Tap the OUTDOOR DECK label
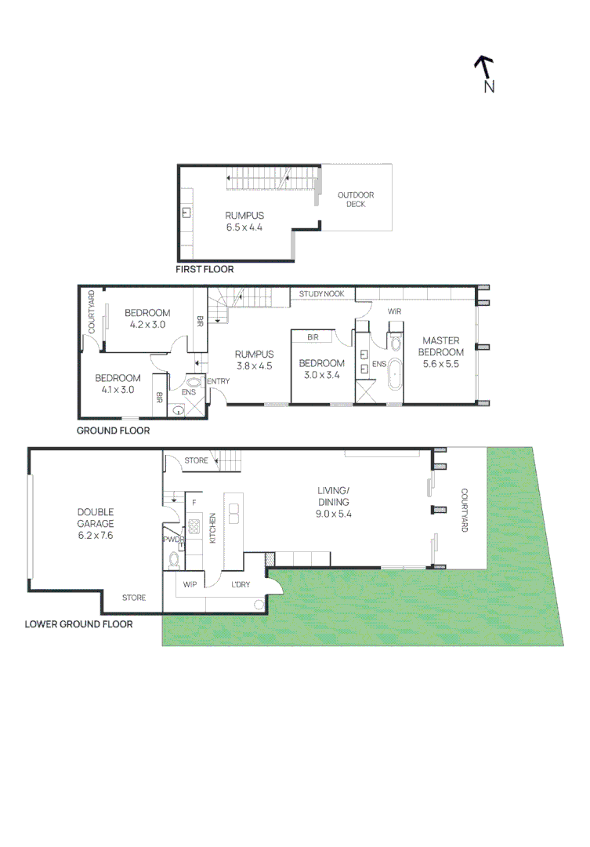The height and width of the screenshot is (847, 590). click(x=356, y=200)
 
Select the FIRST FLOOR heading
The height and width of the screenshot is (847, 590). click(x=205, y=269)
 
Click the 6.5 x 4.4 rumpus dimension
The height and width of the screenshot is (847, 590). click(x=244, y=227)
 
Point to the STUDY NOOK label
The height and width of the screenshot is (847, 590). click(x=321, y=294)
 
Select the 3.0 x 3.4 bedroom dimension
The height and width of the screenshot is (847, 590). click(x=321, y=375)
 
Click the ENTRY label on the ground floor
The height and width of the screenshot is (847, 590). click(x=218, y=382)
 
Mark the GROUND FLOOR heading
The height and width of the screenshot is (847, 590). click(x=113, y=431)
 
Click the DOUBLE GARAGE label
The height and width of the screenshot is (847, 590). click(x=96, y=518)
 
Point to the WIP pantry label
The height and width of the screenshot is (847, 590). click(x=190, y=584)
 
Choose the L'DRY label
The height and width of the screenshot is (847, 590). click(x=240, y=584)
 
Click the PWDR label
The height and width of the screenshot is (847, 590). click(x=172, y=540)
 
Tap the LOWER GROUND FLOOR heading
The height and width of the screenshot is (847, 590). click(x=78, y=624)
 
